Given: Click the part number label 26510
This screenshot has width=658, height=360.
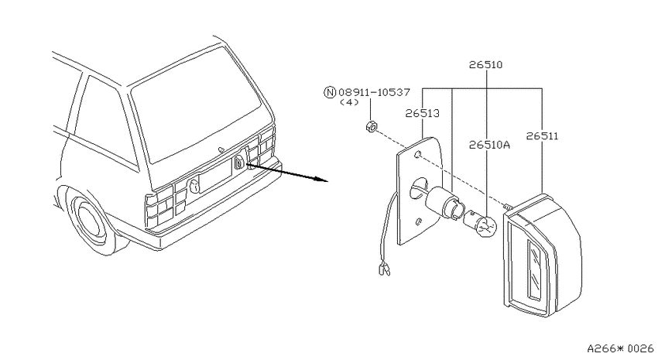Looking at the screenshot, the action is click(485, 64).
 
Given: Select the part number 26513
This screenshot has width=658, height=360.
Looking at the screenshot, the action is click(422, 113).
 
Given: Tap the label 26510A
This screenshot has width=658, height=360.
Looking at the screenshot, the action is click(489, 145).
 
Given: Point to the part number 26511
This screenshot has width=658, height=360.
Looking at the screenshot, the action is click(542, 136).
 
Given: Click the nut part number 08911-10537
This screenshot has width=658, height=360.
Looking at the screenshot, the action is click(374, 92).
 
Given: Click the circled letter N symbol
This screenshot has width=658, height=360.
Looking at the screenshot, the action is click(331, 92).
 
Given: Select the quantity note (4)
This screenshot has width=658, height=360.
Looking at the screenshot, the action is click(349, 102).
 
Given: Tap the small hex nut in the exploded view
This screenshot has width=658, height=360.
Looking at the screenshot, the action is click(371, 126).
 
